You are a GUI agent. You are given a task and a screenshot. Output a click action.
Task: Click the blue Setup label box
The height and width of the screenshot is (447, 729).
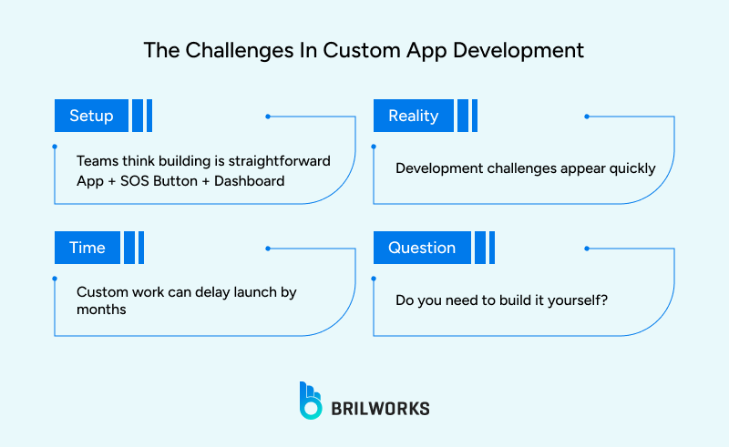pos(90,116)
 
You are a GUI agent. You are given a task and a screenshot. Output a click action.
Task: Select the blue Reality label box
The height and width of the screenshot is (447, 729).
pos(413,116)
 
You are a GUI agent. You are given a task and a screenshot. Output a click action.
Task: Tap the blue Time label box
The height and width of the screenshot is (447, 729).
pos(87,248)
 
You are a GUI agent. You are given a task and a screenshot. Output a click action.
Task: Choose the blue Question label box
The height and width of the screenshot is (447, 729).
pos(421,248)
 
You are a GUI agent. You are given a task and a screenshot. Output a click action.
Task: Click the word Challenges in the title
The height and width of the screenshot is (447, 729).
pos(227,50)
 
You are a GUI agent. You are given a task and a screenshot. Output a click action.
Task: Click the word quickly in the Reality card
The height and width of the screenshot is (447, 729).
pos(631,168)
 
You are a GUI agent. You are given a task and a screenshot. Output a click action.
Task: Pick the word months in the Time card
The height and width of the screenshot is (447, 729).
pos(100,310)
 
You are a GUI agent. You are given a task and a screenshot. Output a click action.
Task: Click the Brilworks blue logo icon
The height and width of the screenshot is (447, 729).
pos(311,401)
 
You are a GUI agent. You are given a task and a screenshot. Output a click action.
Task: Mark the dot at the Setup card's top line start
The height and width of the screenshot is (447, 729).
pos(267,117)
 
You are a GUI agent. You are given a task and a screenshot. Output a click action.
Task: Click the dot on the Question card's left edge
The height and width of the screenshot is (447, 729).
pos(374,278)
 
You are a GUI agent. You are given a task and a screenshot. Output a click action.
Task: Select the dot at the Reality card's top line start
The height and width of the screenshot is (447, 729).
pos(586,117)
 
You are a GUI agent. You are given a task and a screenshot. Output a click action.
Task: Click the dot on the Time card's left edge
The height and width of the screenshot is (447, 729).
pos(55,278)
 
